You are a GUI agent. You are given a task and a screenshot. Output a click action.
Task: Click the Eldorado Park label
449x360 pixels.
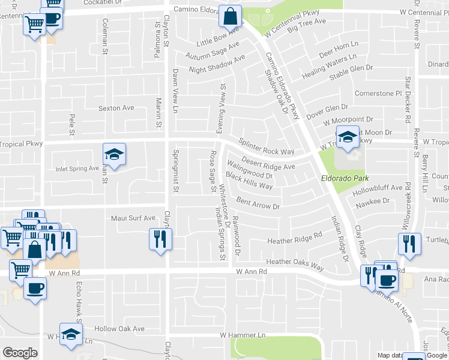click(x=344, y=178)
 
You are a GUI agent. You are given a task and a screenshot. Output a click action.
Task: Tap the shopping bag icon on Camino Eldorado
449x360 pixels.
click(x=230, y=16)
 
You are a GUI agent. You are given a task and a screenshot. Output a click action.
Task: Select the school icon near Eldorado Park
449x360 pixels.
click(x=348, y=137)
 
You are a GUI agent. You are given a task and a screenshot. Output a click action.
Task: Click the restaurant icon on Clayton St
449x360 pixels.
click(x=160, y=239)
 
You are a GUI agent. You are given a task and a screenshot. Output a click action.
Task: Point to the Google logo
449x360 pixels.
click(x=20, y=353)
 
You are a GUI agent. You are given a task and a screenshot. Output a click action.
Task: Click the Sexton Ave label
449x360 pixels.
click(x=116, y=108)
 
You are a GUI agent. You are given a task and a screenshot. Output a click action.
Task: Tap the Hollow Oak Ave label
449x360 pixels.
click(x=124, y=329)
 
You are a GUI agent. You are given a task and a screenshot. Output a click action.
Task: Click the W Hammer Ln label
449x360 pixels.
click(x=243, y=334)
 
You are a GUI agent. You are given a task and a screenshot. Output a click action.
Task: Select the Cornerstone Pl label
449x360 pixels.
click(x=378, y=94)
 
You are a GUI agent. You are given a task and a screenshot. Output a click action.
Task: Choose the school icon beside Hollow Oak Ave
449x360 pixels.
click(x=71, y=334)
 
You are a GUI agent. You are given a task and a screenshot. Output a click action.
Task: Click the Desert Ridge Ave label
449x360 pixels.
click(x=268, y=163)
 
